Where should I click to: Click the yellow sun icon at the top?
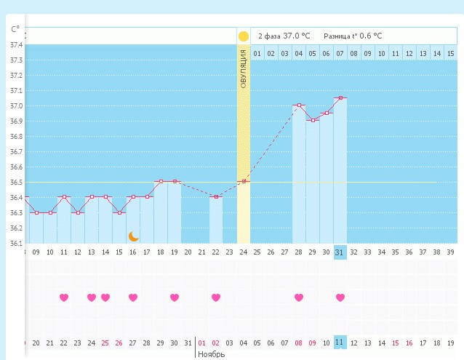coord(243,36)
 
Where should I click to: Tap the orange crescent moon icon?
coord(133,236)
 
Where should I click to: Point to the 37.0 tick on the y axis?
coord(15,106)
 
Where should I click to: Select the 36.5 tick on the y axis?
coord(15,183)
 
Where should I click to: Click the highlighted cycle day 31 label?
coord(340,252)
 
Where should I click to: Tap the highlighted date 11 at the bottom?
coord(340,342)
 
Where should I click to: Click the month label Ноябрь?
coord(211,354)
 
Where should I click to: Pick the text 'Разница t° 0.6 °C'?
coord(352,36)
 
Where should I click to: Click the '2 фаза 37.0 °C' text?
coord(284,36)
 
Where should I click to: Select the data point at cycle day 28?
coord(299,105)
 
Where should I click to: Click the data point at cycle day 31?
coord(340,97)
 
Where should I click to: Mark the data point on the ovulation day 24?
coord(244,181)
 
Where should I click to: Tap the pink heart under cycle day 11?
coord(63,297)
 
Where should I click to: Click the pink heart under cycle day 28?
coord(299,297)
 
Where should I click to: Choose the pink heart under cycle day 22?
coord(215,297)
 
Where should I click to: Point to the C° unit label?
coord(15,30)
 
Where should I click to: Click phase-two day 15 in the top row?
coord(450,53)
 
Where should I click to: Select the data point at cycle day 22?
coord(216,196)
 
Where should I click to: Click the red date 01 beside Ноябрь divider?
coord(202,342)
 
